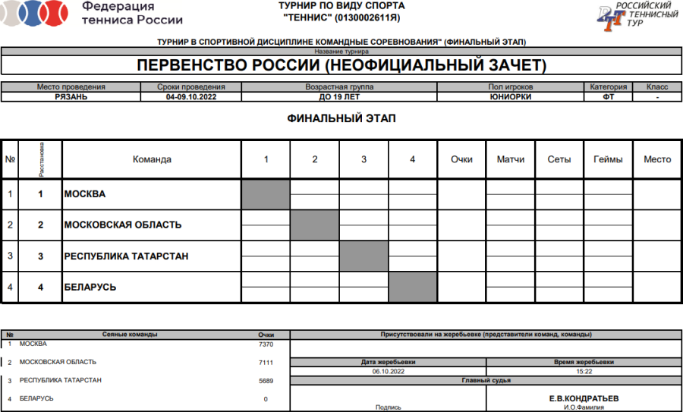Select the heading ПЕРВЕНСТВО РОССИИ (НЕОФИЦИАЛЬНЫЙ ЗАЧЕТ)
pyautogui.click(x=341, y=65)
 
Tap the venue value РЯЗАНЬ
pyautogui.click(x=71, y=96)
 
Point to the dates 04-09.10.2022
pyautogui.click(x=192, y=96)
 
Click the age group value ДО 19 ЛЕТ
pyautogui.click(x=338, y=96)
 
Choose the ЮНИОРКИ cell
pyautogui.click(x=510, y=96)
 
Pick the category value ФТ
pyautogui.click(x=608, y=96)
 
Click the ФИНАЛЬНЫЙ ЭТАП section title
pyautogui.click(x=341, y=119)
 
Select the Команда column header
pyautogui.click(x=152, y=159)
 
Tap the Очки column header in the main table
pyautogui.click(x=461, y=159)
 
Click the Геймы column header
pyautogui.click(x=608, y=159)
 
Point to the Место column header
pyautogui.click(x=657, y=159)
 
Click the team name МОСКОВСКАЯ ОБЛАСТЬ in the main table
pyautogui.click(x=123, y=225)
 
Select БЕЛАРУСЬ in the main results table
pyautogui.click(x=90, y=288)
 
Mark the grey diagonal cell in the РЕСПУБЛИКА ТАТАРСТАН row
pyautogui.click(x=364, y=256)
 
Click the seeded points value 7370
pyautogui.click(x=266, y=344)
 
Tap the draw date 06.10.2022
pyautogui.click(x=387, y=372)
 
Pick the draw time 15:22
pyautogui.click(x=584, y=372)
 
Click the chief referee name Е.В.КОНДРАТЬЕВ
pyautogui.click(x=584, y=398)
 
